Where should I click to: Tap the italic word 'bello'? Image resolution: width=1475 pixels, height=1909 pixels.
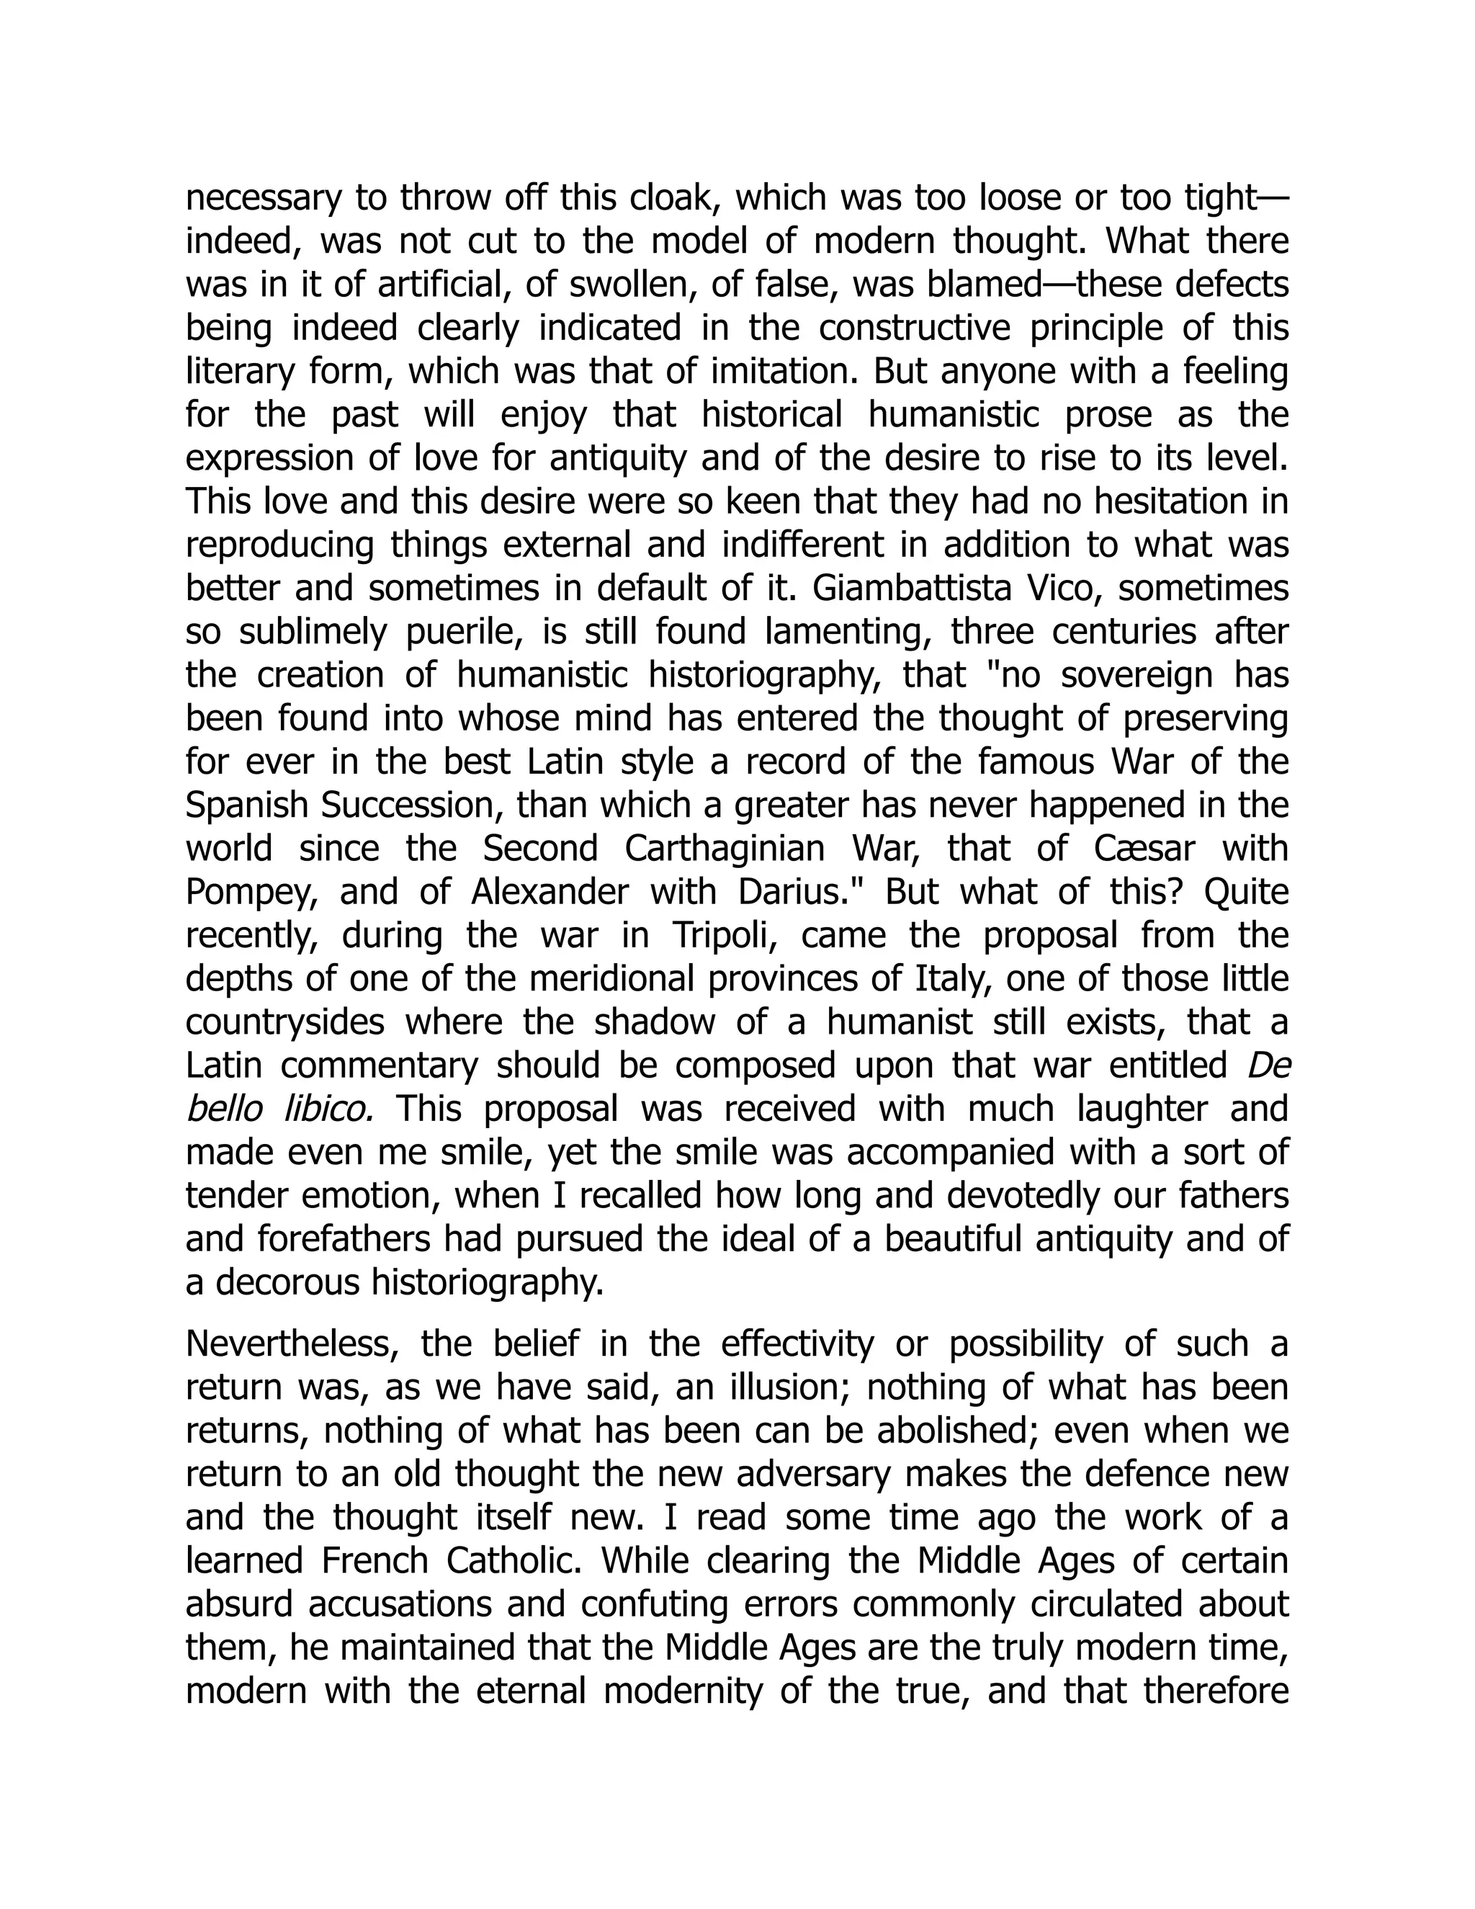pos(224,1109)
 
